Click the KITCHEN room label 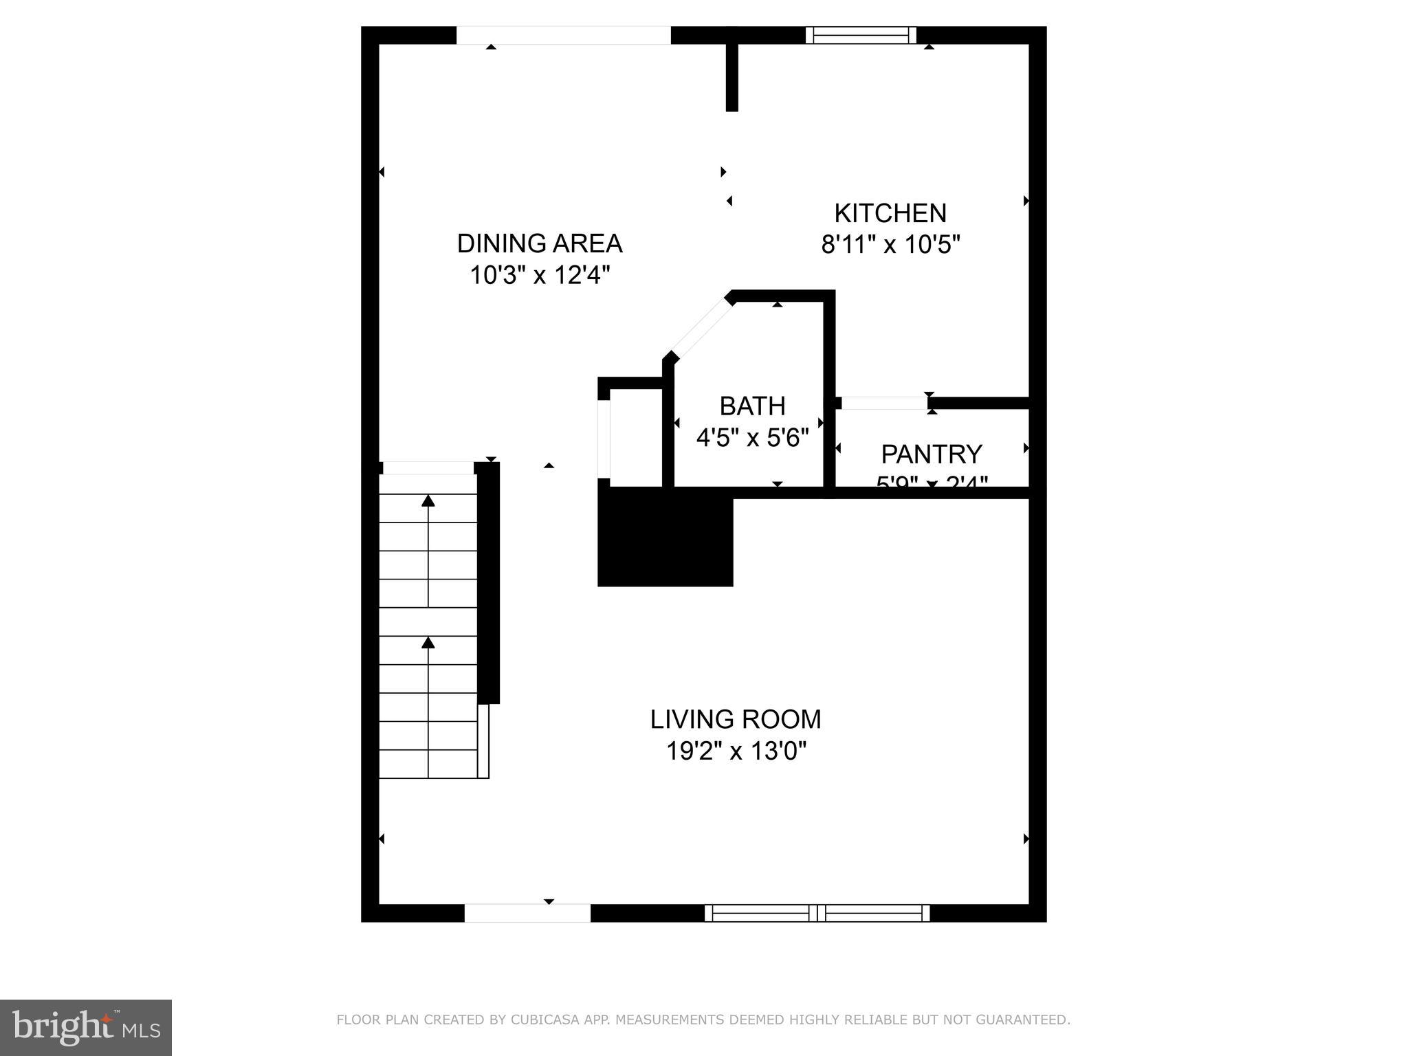[x=890, y=213]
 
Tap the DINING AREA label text [x=540, y=243]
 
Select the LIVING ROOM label [x=736, y=719]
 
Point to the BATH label [x=752, y=406]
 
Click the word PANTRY [x=932, y=454]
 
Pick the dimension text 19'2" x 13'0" [x=736, y=751]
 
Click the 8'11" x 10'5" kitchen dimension [x=890, y=245]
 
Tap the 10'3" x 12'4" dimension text [x=540, y=275]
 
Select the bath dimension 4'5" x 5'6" [x=752, y=438]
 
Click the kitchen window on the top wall [x=861, y=35]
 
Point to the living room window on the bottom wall [x=817, y=913]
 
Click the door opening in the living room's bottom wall [x=527, y=913]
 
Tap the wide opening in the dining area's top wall [x=563, y=35]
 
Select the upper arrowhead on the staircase [x=428, y=500]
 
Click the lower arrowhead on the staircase [x=428, y=642]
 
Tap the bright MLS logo [x=85, y=1027]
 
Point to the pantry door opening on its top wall [x=883, y=404]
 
